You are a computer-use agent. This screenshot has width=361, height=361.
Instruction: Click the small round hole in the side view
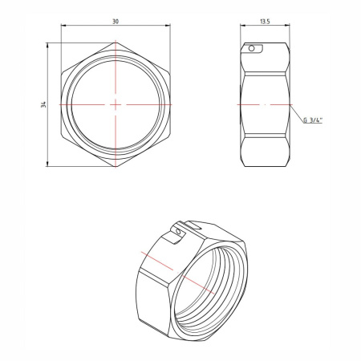(x=254, y=50)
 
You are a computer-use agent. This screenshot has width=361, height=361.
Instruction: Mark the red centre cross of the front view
(x=116, y=104)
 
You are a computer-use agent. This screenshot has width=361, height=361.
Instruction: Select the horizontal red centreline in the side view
(x=265, y=104)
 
